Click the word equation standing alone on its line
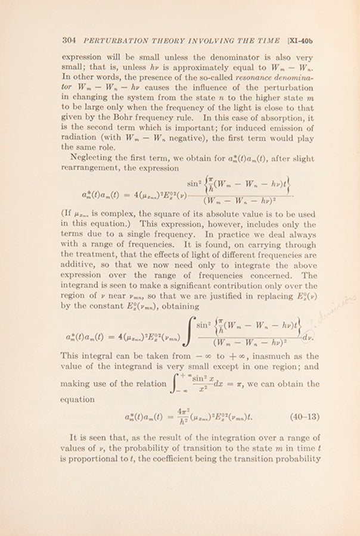pos(77,400)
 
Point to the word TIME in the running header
pos(266,40)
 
